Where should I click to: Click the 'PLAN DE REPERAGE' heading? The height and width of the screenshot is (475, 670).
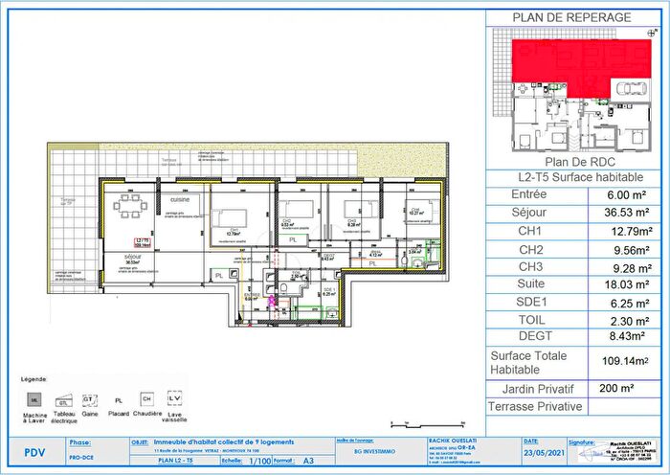[571, 17]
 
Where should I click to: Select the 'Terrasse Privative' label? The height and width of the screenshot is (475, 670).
[536, 406]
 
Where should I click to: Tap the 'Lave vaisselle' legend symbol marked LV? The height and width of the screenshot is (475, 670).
[175, 396]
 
